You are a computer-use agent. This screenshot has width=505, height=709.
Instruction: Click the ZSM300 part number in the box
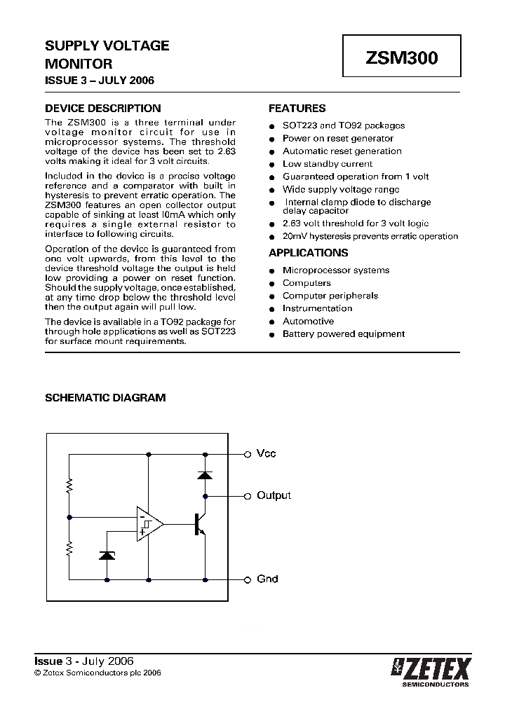pyautogui.click(x=402, y=59)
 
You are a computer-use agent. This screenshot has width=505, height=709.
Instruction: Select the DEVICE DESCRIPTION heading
pyautogui.click(x=102, y=109)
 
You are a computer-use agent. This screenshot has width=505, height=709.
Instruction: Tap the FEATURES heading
pyautogui.click(x=297, y=109)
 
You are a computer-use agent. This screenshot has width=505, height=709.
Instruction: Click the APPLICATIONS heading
pyautogui.click(x=309, y=253)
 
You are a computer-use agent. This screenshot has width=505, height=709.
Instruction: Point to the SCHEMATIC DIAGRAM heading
pyautogui.click(x=105, y=397)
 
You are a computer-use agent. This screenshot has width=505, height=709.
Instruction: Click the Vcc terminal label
pyautogui.click(x=267, y=454)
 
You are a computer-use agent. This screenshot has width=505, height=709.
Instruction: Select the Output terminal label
pyautogui.click(x=274, y=495)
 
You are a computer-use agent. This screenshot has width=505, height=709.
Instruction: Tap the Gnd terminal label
pyautogui.click(x=267, y=579)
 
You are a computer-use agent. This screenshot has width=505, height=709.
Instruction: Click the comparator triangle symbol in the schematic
pyautogui.click(x=149, y=523)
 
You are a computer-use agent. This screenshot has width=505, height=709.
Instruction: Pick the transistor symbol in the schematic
pyautogui.click(x=199, y=523)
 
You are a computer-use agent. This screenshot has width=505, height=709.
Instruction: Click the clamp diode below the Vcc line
pyautogui.click(x=205, y=474)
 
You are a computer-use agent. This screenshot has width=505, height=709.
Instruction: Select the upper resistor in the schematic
pyautogui.click(x=69, y=486)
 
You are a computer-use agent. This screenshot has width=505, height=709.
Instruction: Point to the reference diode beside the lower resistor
pyautogui.click(x=107, y=555)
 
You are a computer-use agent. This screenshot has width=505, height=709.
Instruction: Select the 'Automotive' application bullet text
pyautogui.click(x=308, y=321)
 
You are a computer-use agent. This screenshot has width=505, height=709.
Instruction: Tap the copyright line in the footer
pyautogui.click(x=98, y=672)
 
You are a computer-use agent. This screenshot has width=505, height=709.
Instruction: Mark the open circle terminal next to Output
pyautogui.click(x=247, y=496)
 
